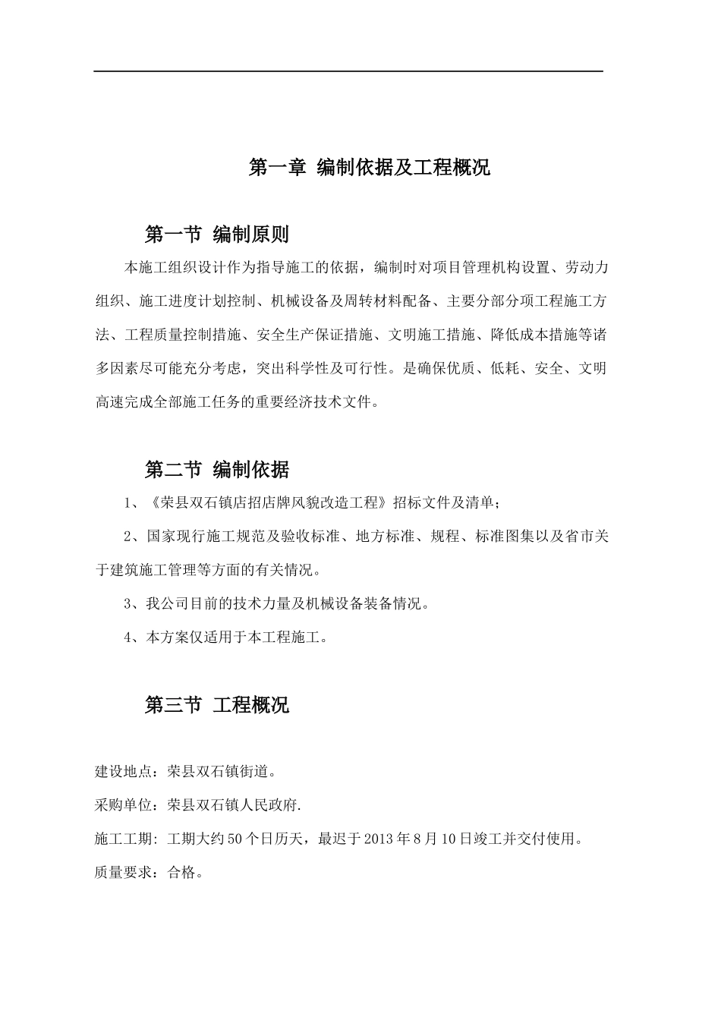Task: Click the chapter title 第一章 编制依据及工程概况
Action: [369, 168]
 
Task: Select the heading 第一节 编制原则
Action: [216, 234]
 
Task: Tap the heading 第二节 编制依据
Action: [216, 470]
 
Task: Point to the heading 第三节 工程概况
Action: [216, 705]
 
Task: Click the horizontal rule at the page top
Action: [348, 71]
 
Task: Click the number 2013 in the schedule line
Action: [380, 839]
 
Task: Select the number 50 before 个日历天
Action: [235, 839]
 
